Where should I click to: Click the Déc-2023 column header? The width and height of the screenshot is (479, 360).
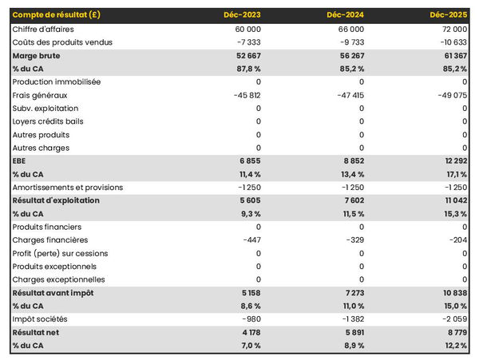[x=243, y=15]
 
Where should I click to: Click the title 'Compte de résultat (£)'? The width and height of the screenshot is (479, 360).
[x=56, y=15]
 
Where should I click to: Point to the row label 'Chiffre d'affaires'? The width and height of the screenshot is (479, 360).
[x=43, y=29]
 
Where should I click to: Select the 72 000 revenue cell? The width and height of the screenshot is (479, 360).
[x=453, y=29]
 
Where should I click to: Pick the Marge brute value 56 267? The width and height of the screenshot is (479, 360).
[x=348, y=55]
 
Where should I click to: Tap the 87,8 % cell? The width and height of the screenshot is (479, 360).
[x=247, y=69]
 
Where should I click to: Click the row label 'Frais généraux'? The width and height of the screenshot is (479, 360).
[x=39, y=95]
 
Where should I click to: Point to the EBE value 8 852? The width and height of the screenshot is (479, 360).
[x=351, y=160]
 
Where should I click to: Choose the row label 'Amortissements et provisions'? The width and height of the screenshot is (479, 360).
[x=68, y=187]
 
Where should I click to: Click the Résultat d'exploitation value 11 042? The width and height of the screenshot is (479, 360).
[x=453, y=200]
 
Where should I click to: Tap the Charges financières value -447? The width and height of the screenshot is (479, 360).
[x=249, y=239]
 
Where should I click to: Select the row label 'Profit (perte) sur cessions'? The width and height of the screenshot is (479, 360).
[x=60, y=253]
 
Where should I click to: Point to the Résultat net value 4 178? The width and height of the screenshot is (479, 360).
[x=247, y=332]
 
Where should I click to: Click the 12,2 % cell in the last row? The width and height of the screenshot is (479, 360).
[x=454, y=346]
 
